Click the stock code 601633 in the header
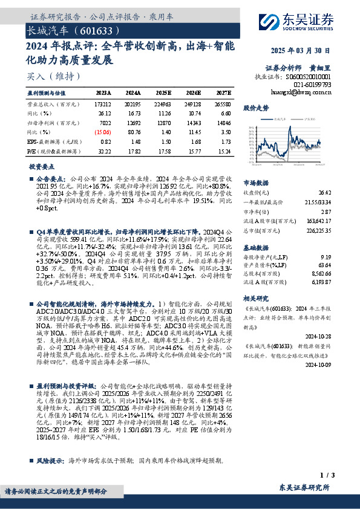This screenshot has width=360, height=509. [x=93, y=30]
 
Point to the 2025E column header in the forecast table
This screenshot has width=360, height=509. [x=163, y=93]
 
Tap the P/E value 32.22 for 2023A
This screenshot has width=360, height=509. [x=103, y=149]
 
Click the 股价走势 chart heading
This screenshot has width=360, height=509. [x=256, y=108]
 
